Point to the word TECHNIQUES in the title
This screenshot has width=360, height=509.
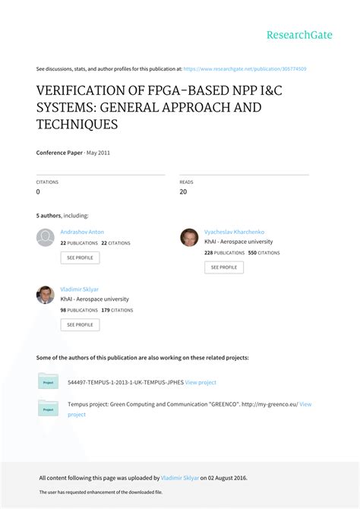[x=77, y=124]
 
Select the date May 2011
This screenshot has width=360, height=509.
[x=97, y=153]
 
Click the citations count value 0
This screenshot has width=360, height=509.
[x=38, y=192]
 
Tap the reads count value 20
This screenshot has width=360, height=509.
[x=184, y=192]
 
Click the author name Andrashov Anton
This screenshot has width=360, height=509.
[x=82, y=232]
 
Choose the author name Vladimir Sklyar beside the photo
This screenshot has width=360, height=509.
[x=80, y=289]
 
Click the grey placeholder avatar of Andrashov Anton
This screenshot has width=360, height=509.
[x=46, y=238]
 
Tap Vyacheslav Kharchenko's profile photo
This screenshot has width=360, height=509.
[x=189, y=238]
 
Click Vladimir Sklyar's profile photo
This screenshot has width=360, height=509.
[x=46, y=295]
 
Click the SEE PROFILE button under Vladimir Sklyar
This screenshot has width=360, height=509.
[x=80, y=324]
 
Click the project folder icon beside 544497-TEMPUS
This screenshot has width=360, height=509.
[x=49, y=381]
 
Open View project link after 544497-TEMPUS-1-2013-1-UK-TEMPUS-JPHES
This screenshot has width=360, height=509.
[x=201, y=382]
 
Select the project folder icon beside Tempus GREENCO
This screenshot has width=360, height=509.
[x=49, y=409]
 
